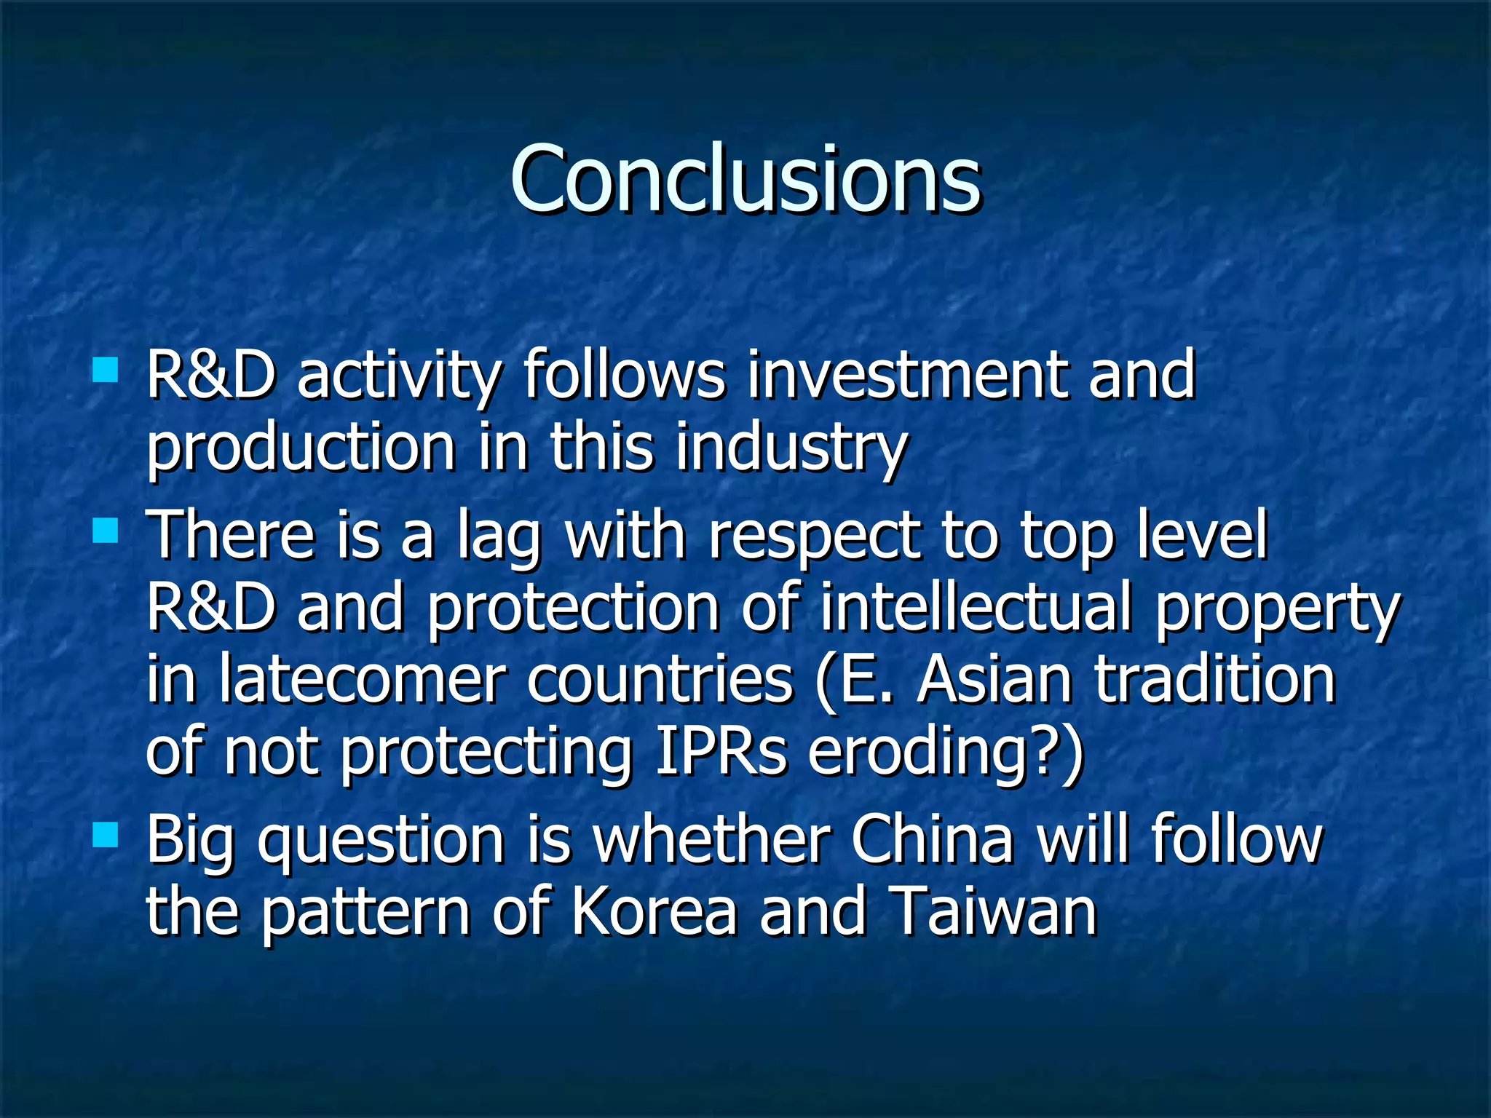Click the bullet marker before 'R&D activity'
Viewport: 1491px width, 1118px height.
(x=106, y=370)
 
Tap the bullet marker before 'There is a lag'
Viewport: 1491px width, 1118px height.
(x=106, y=531)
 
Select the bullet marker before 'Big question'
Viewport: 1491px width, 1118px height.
(x=106, y=835)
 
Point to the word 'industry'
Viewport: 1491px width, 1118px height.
(x=791, y=448)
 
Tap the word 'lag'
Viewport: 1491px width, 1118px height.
(x=499, y=537)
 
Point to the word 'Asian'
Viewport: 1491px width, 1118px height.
(x=994, y=681)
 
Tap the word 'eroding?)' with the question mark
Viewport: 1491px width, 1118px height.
(x=946, y=753)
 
